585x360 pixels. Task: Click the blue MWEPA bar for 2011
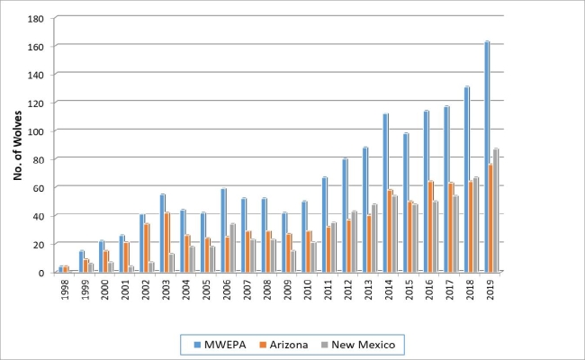point(324,224)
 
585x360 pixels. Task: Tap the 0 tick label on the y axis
point(41,273)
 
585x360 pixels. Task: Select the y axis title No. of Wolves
point(17,145)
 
